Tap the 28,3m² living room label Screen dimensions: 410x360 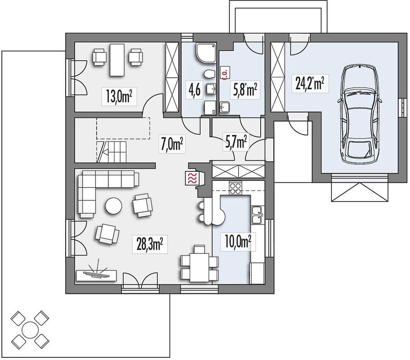[x=150, y=244]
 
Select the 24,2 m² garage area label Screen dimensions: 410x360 [x=310, y=84]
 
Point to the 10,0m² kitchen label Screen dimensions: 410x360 [x=238, y=242]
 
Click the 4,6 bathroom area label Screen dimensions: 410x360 [x=194, y=90]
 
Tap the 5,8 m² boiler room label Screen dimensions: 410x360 [x=245, y=90]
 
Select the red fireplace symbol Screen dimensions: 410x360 [x=192, y=179]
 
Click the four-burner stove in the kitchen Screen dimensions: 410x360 [x=235, y=188]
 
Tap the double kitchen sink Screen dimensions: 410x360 [x=258, y=215]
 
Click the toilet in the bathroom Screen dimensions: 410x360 [x=209, y=74]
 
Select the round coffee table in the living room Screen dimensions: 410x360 [x=113, y=206]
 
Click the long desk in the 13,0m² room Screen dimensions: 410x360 [x=117, y=60]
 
